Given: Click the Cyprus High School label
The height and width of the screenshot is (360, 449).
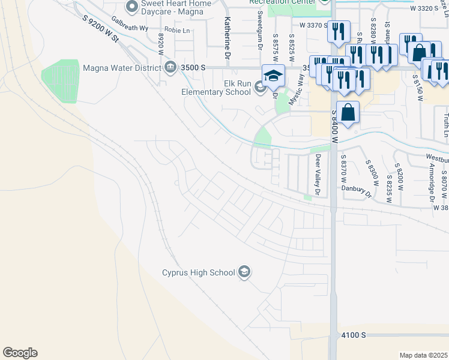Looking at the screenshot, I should pos(198,273).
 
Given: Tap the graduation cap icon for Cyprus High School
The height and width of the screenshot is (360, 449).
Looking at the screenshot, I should pos(244,272).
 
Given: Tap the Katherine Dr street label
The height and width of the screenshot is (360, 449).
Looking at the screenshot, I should pos(228,37).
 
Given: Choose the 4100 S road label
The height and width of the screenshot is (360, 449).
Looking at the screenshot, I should pos(353,334).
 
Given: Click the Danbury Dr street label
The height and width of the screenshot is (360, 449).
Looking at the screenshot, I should pos(358,191).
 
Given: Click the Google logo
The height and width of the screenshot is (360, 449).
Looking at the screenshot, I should pos(20,353).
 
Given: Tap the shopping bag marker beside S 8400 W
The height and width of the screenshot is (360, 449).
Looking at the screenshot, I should pos(348,111).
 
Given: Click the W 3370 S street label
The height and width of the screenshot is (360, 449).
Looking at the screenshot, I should pos(313,25).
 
